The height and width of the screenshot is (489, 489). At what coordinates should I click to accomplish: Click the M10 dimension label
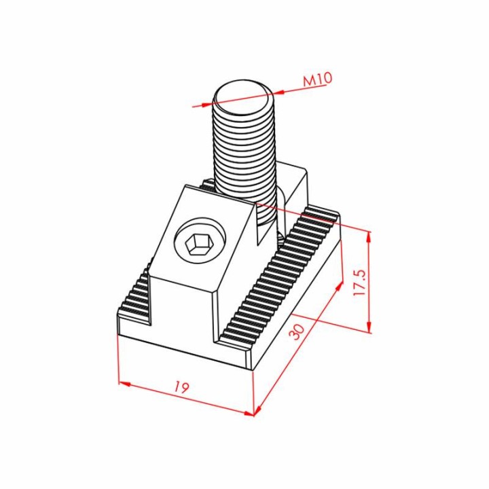click(318, 79)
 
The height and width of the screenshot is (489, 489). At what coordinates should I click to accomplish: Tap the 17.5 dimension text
click(359, 283)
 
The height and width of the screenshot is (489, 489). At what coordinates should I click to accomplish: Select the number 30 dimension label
click(296, 332)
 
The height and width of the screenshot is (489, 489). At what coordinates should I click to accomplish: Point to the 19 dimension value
click(181, 387)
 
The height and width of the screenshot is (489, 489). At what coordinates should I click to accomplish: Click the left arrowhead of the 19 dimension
click(124, 384)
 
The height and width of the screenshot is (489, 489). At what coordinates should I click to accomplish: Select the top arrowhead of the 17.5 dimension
click(369, 237)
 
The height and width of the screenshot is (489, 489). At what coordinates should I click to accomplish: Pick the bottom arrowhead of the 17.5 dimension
click(369, 327)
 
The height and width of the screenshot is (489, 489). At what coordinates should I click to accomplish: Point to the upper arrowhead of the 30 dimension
click(339, 286)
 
